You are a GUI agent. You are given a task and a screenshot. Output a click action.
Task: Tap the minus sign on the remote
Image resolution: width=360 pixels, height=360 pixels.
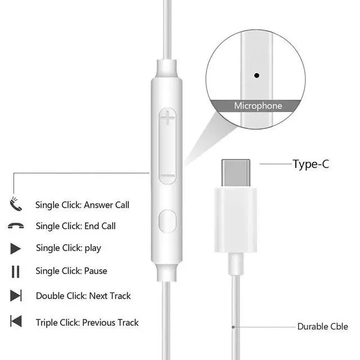click(x=168, y=178)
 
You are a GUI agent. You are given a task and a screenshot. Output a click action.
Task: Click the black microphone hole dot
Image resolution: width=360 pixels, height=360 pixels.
click(x=257, y=74)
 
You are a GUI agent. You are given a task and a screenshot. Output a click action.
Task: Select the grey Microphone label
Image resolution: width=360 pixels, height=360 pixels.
click(x=258, y=106)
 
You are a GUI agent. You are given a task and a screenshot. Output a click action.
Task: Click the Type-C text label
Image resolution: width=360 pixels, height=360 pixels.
click(x=310, y=164)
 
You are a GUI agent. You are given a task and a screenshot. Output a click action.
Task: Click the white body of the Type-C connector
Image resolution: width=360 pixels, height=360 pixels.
click(x=236, y=219)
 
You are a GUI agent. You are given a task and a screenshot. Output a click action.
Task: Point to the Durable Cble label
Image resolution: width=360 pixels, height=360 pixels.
click(x=323, y=326)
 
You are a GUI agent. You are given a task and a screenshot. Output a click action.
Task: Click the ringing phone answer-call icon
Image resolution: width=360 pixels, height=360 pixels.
click(x=15, y=204)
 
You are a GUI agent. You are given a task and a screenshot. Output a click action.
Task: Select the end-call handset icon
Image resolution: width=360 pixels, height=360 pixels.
click(x=15, y=226)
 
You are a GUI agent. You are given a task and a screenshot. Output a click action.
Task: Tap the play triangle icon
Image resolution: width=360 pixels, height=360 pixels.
click(x=16, y=248)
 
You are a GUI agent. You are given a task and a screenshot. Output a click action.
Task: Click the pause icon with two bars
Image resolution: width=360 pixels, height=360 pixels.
click(x=16, y=271)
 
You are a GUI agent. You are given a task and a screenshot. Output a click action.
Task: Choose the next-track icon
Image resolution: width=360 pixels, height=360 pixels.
click(x=16, y=296)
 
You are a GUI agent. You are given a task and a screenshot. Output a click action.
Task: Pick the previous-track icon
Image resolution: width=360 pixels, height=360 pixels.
click(x=16, y=322)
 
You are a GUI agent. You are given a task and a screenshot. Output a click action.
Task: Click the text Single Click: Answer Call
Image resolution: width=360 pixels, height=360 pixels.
click(x=82, y=205)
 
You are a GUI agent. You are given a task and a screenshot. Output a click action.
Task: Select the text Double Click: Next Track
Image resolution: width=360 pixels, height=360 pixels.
click(x=83, y=296)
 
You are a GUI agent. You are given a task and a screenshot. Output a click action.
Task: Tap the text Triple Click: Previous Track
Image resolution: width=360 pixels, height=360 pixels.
click(x=87, y=322)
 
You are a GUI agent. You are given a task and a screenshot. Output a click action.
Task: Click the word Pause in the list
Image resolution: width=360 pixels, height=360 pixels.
click(x=96, y=271)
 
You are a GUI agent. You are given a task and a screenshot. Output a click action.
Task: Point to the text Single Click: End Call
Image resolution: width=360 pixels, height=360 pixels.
click(x=76, y=226)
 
